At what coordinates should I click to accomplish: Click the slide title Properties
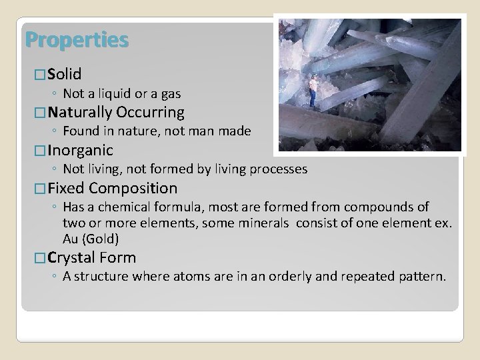coord(77,41)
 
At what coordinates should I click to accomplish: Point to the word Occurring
coord(151,112)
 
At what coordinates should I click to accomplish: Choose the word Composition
coord(133,188)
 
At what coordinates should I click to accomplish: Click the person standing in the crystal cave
coord(313,91)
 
